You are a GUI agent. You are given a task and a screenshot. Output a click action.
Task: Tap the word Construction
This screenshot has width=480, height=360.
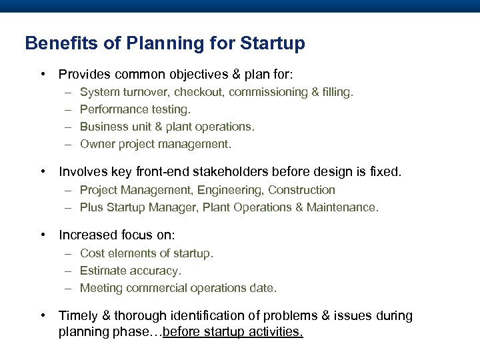click(301, 190)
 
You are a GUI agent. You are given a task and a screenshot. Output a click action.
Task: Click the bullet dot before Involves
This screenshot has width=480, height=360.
click(43, 172)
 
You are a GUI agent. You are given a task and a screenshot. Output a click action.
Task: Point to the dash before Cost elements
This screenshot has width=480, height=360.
click(69, 253)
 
